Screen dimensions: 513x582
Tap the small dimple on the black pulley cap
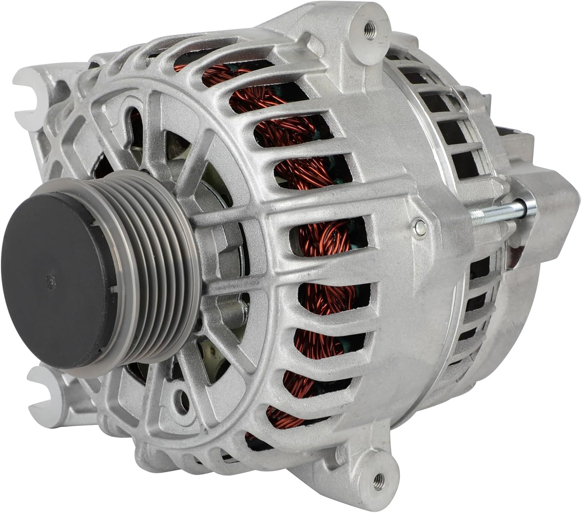[x=48, y=282]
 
